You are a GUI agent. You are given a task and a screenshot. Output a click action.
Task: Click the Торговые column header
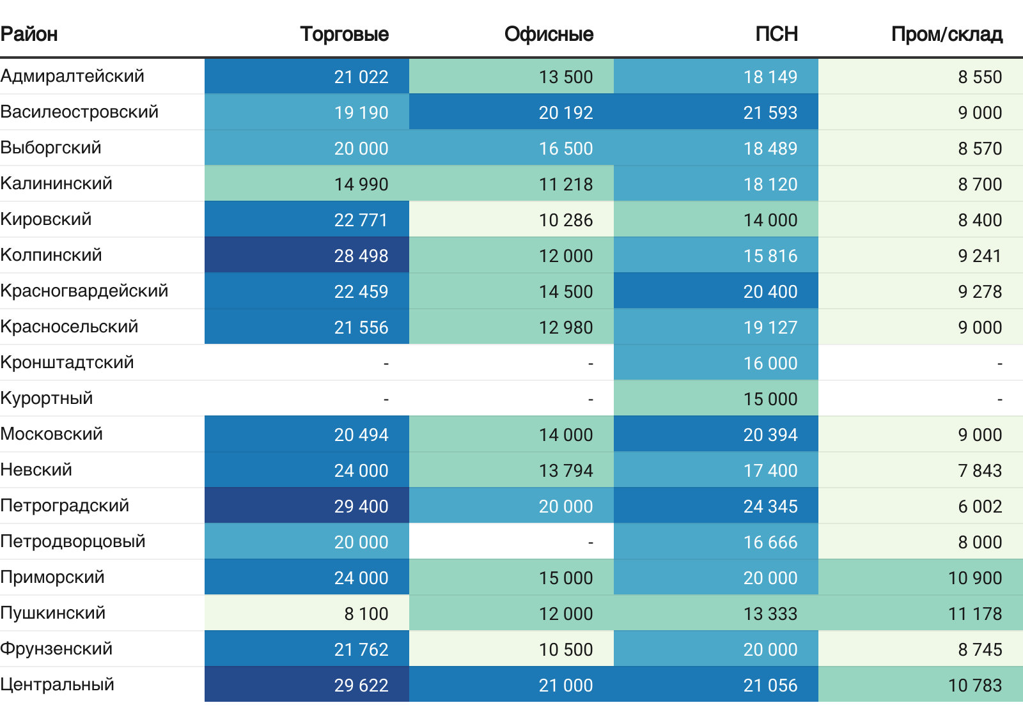tap(345, 35)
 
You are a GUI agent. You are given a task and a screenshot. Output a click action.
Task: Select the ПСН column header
tap(776, 35)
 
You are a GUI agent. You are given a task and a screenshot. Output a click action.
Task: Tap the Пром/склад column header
tap(947, 35)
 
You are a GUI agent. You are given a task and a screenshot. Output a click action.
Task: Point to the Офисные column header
tap(549, 35)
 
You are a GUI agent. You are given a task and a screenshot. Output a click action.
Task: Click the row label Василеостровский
tap(79, 112)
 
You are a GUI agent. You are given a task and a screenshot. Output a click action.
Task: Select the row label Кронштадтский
tap(67, 362)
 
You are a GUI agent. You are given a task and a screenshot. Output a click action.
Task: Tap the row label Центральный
tap(57, 685)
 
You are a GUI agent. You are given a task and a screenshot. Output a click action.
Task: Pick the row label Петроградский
tap(65, 506)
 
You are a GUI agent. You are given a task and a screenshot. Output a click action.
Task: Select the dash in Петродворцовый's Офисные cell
tap(591, 543)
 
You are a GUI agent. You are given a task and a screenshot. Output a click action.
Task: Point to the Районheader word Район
tap(29, 35)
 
